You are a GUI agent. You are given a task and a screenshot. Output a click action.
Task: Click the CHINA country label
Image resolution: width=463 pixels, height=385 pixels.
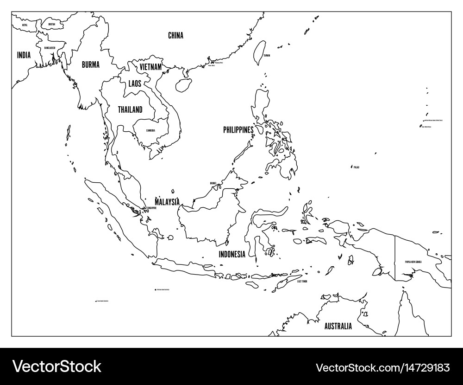175,35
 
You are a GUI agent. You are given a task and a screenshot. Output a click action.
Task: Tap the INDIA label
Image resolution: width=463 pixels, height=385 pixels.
24,55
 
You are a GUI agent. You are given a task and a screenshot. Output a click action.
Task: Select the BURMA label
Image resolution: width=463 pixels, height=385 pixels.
90,65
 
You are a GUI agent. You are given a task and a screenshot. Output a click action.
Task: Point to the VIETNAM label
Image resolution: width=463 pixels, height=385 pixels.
150,67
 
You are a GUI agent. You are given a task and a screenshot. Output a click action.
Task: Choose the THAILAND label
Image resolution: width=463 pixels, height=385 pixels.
130,109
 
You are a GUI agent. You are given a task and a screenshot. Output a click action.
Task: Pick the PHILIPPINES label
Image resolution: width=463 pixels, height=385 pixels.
238,130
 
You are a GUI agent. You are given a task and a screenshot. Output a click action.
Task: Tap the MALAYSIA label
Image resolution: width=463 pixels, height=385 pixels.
167,202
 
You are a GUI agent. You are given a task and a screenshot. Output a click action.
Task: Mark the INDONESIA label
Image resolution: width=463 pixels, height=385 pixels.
232,254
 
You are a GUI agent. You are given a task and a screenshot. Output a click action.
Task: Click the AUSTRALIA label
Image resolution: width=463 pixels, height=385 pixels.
338,326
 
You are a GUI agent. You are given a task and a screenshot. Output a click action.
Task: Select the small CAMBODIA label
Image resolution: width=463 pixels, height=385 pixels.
150,130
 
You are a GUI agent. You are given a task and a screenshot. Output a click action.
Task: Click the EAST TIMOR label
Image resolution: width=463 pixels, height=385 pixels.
303,281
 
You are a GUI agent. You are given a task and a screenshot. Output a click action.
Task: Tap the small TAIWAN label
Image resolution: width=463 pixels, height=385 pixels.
267,56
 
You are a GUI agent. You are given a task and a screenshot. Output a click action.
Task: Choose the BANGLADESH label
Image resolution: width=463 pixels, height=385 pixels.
50,48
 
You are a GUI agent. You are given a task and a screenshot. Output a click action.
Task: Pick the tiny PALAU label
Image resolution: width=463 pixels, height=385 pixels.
356,167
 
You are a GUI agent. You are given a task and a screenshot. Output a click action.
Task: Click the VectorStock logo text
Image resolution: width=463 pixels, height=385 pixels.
57,366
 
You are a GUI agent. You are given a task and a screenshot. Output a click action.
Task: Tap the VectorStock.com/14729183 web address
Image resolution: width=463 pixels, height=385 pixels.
383,368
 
